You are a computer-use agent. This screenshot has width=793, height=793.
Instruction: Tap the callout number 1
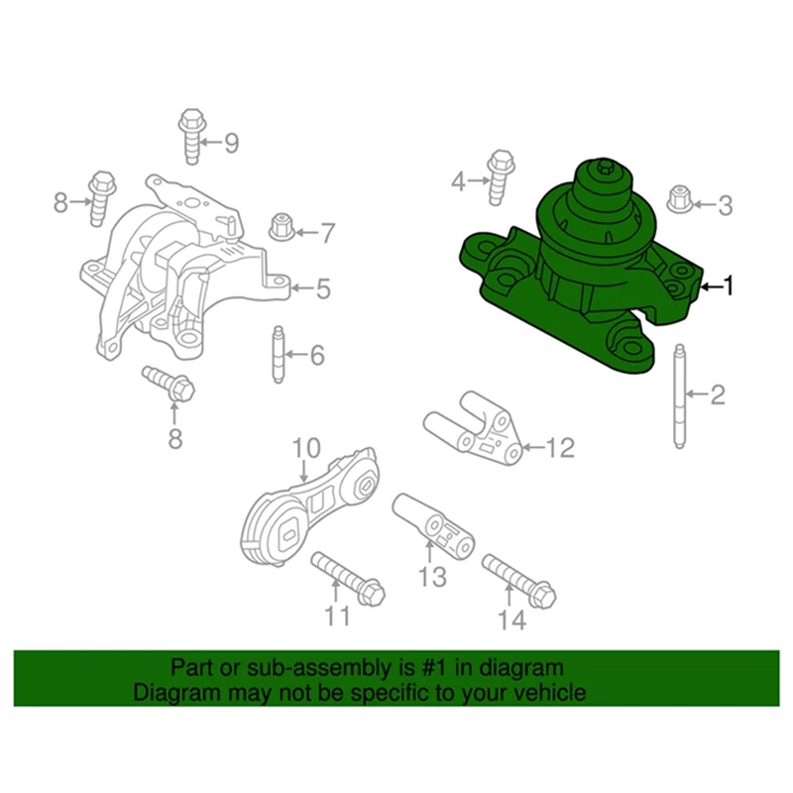pyautogui.click(x=729, y=286)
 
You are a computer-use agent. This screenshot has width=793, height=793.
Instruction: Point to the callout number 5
pyautogui.click(x=323, y=289)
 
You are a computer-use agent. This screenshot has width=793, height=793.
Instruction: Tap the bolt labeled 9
pyautogui.click(x=190, y=136)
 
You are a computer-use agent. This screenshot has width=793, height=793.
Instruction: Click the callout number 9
pyautogui.click(x=231, y=144)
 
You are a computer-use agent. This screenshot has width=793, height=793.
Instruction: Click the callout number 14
pyautogui.click(x=510, y=621)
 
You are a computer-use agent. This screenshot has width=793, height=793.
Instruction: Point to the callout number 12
pyautogui.click(x=559, y=448)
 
